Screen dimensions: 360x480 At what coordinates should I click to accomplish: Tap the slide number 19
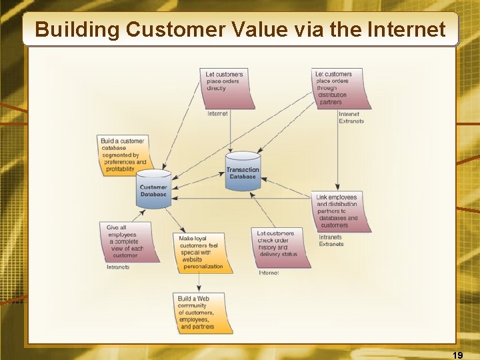(457, 355)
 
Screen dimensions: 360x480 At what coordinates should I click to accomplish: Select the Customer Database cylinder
(153, 189)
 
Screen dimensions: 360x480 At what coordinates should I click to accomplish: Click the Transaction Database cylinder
(243, 171)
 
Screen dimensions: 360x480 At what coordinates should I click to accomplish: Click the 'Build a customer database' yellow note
(125, 155)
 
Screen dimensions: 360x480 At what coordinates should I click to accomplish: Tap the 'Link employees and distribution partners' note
(339, 211)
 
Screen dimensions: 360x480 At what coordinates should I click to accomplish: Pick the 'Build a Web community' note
(202, 313)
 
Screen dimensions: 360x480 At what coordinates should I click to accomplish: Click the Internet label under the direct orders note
(217, 113)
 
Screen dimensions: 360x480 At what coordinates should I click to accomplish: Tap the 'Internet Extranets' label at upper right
(351, 117)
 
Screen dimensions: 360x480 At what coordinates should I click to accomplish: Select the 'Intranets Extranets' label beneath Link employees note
(331, 241)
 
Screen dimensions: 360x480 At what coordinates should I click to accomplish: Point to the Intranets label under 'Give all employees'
(118, 267)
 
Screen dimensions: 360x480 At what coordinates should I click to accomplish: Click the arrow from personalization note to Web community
(199, 283)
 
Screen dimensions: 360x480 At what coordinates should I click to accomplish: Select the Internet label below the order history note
(269, 273)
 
